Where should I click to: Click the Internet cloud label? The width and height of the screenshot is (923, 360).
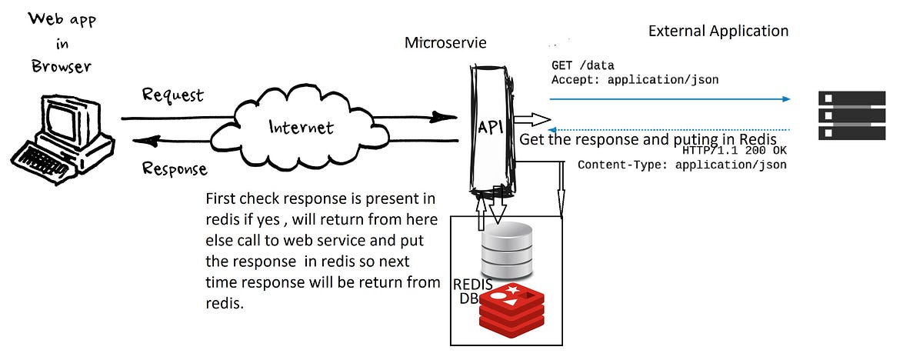click(301, 127)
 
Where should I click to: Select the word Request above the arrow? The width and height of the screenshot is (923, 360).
click(172, 95)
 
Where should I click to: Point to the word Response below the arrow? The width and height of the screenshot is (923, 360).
click(175, 168)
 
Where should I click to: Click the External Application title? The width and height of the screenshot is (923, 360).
click(718, 32)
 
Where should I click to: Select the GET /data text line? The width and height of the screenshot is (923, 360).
click(582, 65)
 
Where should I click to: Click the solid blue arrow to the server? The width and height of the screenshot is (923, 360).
click(669, 99)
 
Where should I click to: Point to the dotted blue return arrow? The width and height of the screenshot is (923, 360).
click(669, 129)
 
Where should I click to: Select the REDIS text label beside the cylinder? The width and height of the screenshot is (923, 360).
click(472, 285)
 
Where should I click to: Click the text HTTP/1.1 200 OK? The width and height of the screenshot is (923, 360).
click(734, 151)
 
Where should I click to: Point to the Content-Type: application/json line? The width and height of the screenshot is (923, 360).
click(681, 165)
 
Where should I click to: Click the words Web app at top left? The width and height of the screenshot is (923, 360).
click(62, 20)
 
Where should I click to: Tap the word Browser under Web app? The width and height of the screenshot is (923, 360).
click(62, 66)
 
